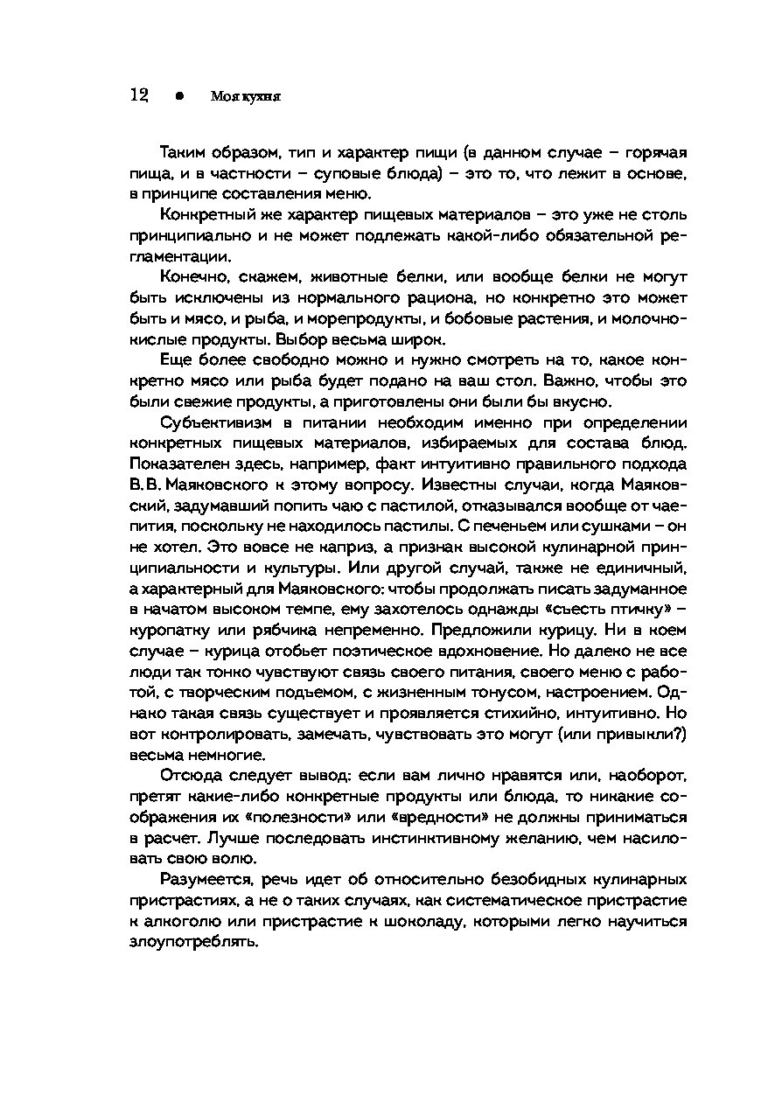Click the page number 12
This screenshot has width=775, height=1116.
click(138, 95)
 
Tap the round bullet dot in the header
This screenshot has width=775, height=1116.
click(178, 96)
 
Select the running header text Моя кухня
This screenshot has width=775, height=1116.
click(246, 96)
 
